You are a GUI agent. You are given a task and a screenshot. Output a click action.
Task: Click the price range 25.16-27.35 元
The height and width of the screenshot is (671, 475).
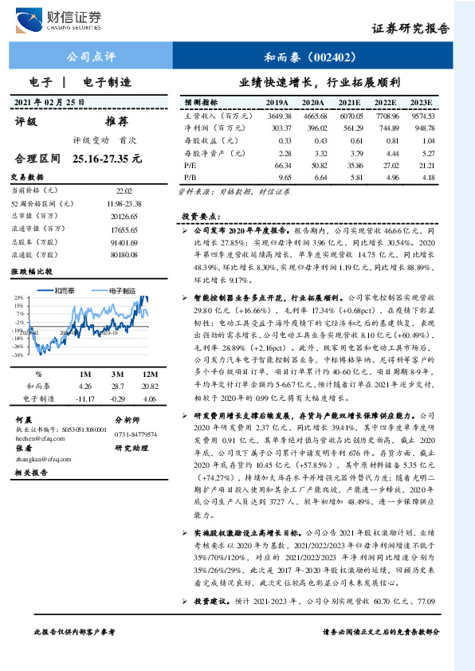click(106, 159)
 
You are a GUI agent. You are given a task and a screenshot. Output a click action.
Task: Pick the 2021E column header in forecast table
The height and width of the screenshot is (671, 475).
click(349, 103)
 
